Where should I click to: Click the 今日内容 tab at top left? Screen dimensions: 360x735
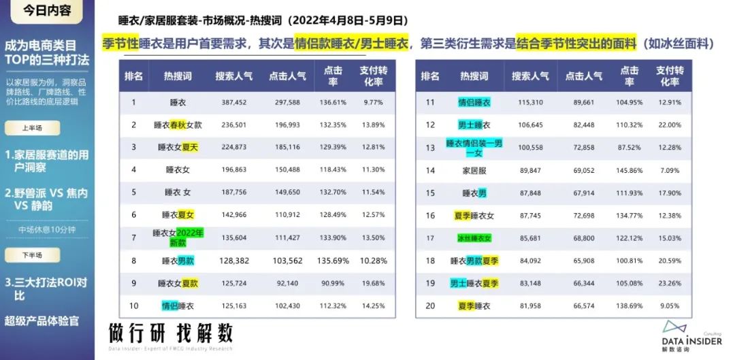47,12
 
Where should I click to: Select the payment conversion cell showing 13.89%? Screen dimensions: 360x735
374,125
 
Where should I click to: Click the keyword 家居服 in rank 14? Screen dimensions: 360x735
474,171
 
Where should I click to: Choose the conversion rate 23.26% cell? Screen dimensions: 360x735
670,283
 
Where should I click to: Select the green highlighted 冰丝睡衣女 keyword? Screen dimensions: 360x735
474,238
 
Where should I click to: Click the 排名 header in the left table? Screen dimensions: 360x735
133,76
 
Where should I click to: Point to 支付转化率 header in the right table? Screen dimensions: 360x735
670,76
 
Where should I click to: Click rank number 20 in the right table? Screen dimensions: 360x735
430,306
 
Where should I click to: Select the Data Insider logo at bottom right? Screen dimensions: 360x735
689,335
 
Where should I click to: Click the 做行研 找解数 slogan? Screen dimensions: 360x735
171,333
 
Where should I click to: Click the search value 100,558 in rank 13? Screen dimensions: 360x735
527,148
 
